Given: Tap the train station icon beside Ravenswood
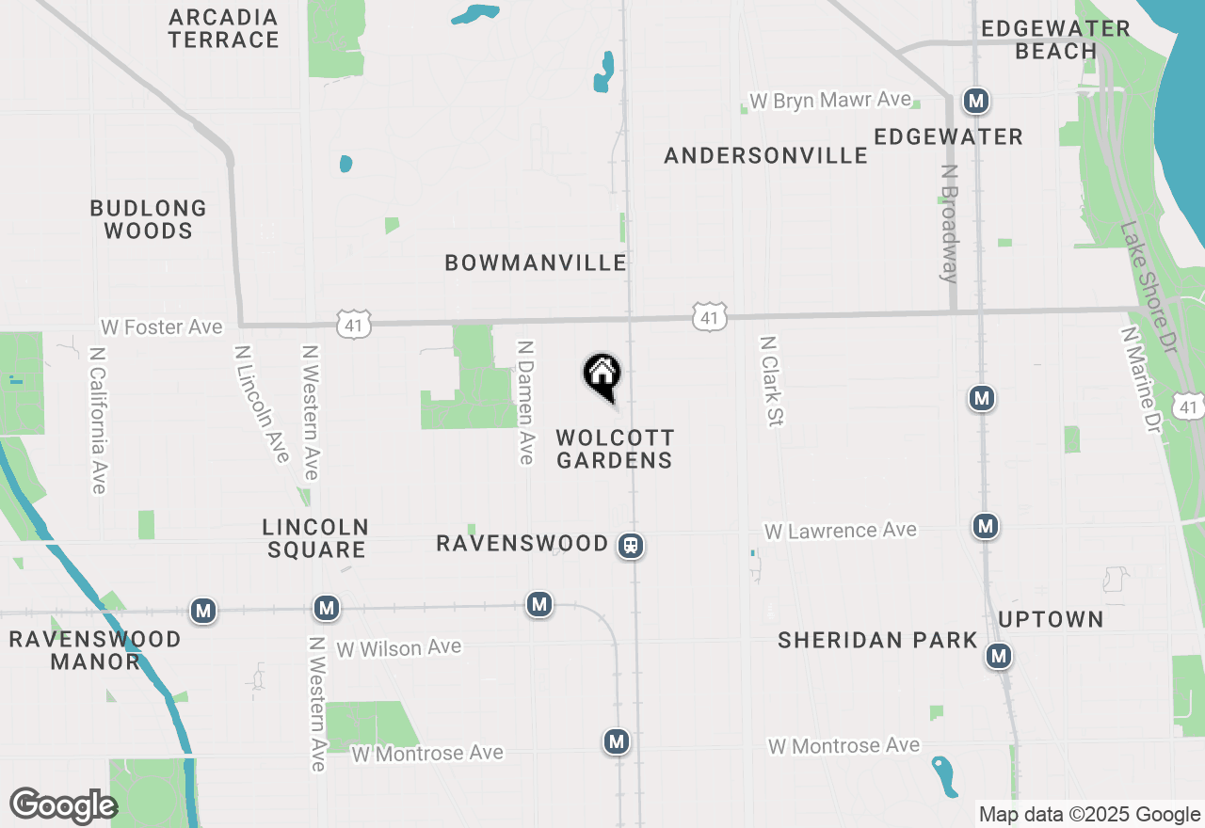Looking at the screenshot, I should pos(631,545).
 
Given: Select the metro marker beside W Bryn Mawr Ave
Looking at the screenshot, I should pos(976,100).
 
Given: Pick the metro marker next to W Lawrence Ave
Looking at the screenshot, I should pos(986,525).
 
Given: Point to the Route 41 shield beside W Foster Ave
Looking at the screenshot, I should pos(354,325).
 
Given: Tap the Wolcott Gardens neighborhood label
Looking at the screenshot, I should pos(615,449).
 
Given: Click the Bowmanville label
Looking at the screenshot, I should pos(536,263).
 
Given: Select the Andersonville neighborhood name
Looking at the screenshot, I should pos(765,155).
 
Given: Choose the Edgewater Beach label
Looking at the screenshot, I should pos(1055,40).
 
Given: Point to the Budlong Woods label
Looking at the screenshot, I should pos(149,219).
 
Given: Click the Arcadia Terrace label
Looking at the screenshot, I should pos(224,28).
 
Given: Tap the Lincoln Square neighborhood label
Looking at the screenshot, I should pos(315,538).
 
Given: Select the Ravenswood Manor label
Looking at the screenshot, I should pos(95,650).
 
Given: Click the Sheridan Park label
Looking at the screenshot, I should pos(878,640).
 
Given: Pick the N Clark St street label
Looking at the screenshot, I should pos(771,381).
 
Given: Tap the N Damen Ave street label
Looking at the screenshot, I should pos(526,402).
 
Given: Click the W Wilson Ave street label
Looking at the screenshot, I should pos(399,647).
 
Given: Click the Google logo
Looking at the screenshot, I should pos(63,805).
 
